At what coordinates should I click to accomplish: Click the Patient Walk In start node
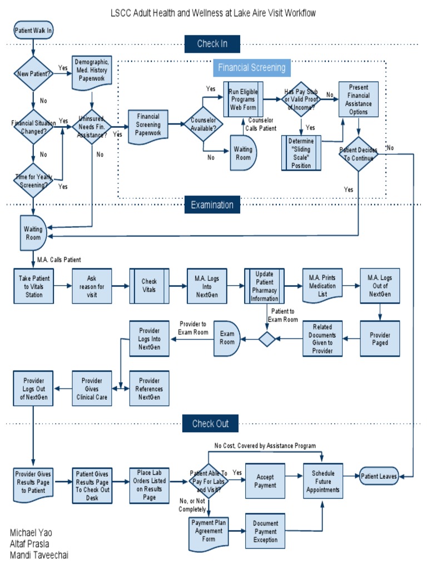click(33, 31)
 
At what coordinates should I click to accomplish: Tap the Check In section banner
click(211, 43)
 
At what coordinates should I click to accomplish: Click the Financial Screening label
click(251, 68)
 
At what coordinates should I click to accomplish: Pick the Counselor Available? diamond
click(203, 123)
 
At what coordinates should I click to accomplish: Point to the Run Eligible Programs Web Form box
click(244, 99)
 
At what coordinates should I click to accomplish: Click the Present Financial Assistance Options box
click(359, 99)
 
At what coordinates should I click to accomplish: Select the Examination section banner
click(212, 204)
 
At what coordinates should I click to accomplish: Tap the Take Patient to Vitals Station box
click(33, 286)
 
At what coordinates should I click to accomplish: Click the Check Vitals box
click(149, 286)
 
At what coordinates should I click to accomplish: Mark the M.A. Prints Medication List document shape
click(322, 285)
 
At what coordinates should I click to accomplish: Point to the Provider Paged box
click(380, 338)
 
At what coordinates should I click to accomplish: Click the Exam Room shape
click(227, 338)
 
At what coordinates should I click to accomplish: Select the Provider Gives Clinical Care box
click(92, 388)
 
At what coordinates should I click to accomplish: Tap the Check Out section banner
click(211, 423)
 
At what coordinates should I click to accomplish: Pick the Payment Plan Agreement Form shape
click(206, 531)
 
